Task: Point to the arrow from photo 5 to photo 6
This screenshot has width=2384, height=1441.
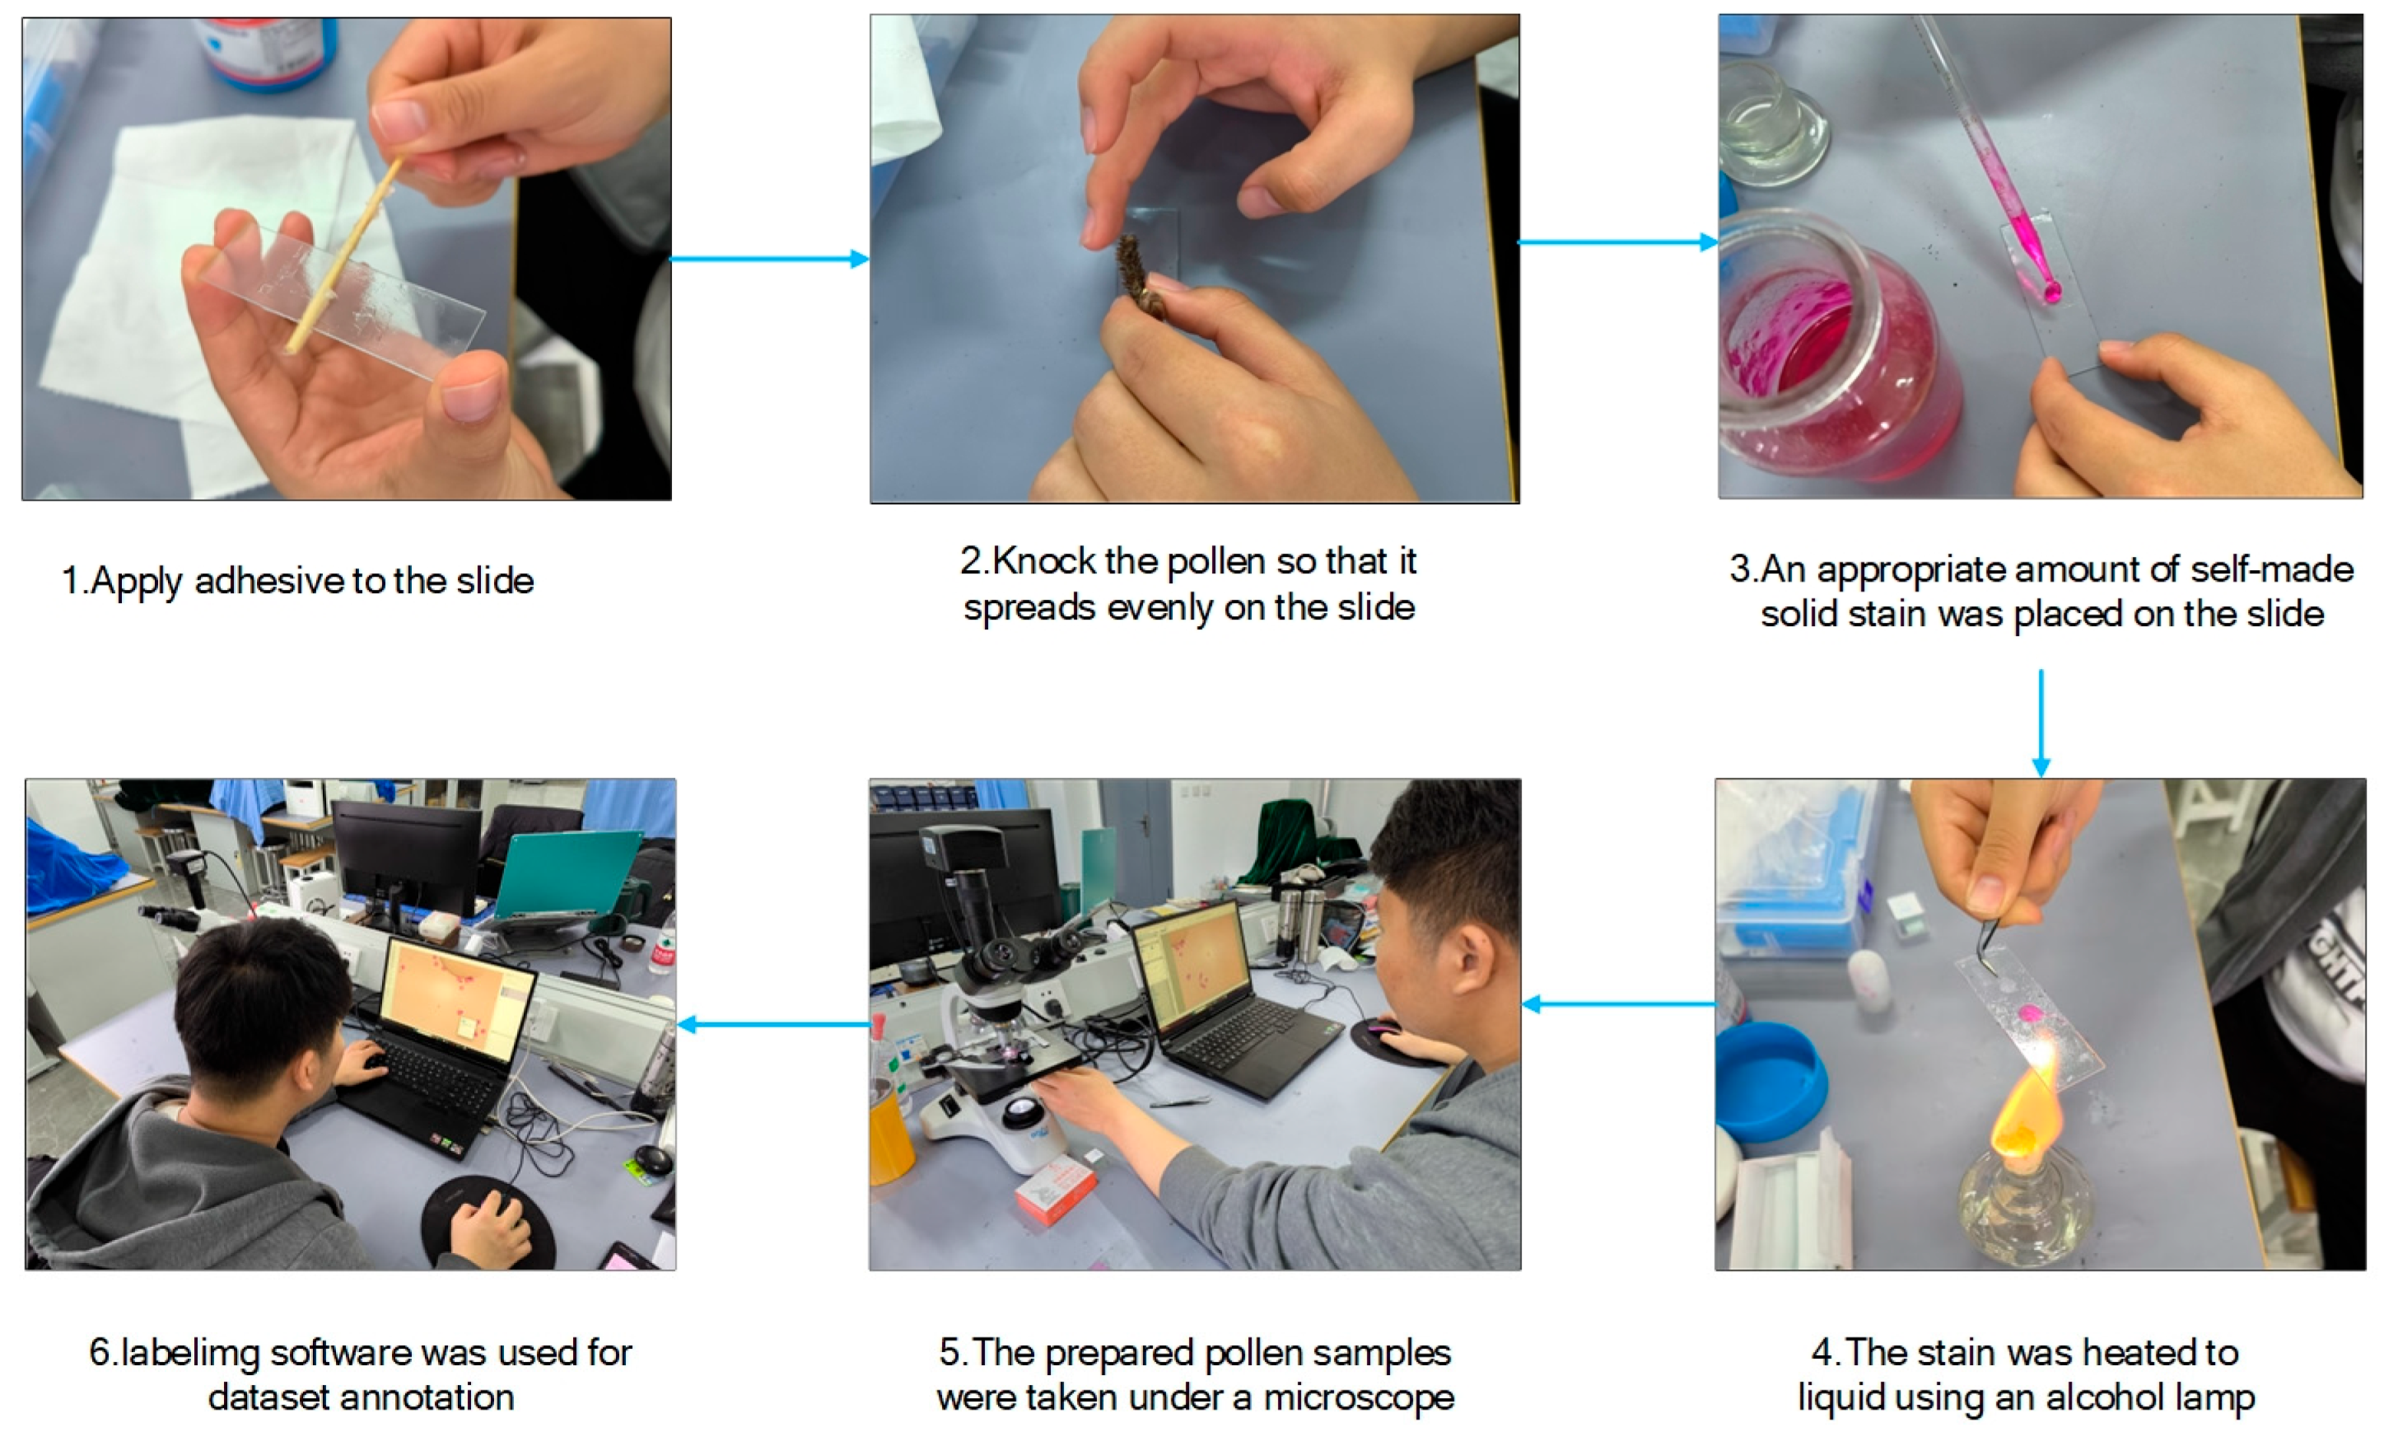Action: click(x=773, y=1024)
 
